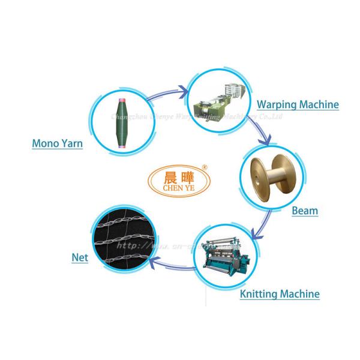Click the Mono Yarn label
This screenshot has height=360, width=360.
(56, 144)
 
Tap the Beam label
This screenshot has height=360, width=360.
(304, 211)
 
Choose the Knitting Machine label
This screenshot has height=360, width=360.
(279, 293)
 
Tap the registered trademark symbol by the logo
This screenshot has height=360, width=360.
(204, 167)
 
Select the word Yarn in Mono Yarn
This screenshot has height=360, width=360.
(70, 144)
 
